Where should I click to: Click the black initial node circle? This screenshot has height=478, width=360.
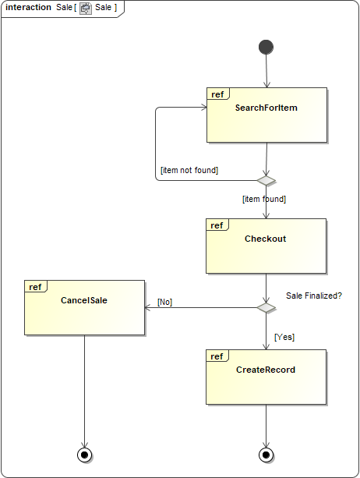(x=266, y=48)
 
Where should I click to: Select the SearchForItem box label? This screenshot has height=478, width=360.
(x=266, y=108)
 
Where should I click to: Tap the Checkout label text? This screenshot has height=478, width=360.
(x=265, y=239)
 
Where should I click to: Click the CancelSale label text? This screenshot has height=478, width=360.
(x=84, y=299)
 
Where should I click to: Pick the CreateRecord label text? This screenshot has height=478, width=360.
(x=266, y=370)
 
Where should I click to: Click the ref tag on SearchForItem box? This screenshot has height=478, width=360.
(x=217, y=94)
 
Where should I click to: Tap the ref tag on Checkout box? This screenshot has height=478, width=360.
(x=217, y=225)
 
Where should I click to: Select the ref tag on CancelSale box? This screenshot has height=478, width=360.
(x=35, y=287)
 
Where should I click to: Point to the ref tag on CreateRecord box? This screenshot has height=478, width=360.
(x=217, y=356)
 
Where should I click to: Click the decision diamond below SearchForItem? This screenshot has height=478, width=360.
(x=266, y=180)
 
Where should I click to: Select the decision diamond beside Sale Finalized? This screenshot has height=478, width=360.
(x=266, y=307)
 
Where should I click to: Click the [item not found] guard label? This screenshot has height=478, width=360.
(x=189, y=170)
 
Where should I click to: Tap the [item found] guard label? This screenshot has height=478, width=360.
(x=264, y=199)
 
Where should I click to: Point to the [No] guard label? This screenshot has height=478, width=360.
(x=164, y=301)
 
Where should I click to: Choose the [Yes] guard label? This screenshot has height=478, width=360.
(x=284, y=337)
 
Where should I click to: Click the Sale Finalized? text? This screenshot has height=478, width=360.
(x=314, y=296)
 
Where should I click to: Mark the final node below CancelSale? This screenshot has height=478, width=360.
(x=84, y=454)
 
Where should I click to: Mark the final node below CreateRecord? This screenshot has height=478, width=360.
(x=266, y=454)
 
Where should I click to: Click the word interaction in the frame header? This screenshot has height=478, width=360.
(x=29, y=8)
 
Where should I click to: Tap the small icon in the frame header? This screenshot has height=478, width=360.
(x=86, y=8)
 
